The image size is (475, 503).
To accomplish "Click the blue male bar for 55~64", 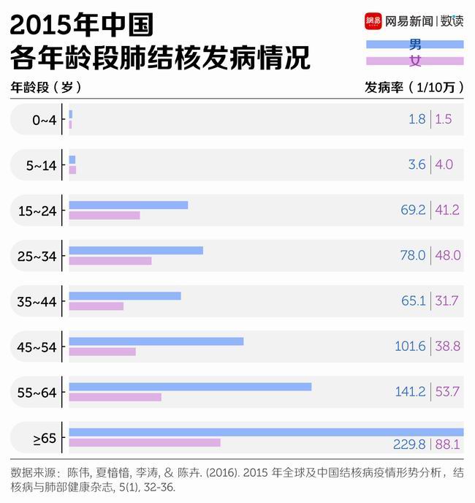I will pyautogui.click(x=190, y=386).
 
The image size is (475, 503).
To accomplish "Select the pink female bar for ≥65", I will pyautogui.click(x=145, y=442).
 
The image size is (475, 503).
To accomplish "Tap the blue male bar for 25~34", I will pyautogui.click(x=136, y=250).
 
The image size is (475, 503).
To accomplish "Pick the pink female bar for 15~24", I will pyautogui.click(x=104, y=215).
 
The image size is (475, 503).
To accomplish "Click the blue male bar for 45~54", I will pyautogui.click(x=156, y=341).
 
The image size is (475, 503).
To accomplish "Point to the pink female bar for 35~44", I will pyautogui.click(x=96, y=306).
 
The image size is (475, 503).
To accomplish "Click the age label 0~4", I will pyautogui.click(x=44, y=119).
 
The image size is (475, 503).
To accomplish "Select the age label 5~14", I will pyautogui.click(x=41, y=164).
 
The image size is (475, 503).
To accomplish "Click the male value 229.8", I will pyautogui.click(x=410, y=445).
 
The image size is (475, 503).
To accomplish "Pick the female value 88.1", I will pyautogui.click(x=447, y=445).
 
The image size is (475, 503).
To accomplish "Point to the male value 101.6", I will pyautogui.click(x=410, y=346).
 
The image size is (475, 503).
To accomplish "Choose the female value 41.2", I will pyautogui.click(x=447, y=210).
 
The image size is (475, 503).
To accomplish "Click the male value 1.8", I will pyautogui.click(x=417, y=119).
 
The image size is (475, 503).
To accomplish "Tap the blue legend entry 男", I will pyautogui.click(x=414, y=45).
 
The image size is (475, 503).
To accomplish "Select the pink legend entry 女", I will pyautogui.click(x=414, y=61).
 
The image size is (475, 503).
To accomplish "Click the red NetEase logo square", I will pyautogui.click(x=373, y=21).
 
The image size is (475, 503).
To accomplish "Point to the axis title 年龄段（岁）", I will pyautogui.click(x=45, y=86).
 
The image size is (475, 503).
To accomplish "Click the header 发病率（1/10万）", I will pyautogui.click(x=414, y=86).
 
